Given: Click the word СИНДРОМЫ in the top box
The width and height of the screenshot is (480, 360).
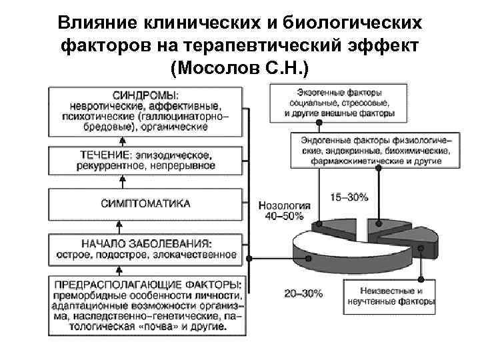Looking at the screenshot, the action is [x=141, y=95].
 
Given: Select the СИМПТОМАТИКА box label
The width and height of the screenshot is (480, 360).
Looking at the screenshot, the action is [x=145, y=203].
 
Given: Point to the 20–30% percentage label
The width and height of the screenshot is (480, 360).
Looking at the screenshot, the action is [x=303, y=293].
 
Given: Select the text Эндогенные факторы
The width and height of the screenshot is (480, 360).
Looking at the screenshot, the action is [x=340, y=141].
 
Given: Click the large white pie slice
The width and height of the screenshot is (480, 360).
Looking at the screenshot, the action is [x=327, y=250].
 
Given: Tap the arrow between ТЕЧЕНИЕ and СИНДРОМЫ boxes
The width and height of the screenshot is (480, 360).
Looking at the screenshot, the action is [x=123, y=141].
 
